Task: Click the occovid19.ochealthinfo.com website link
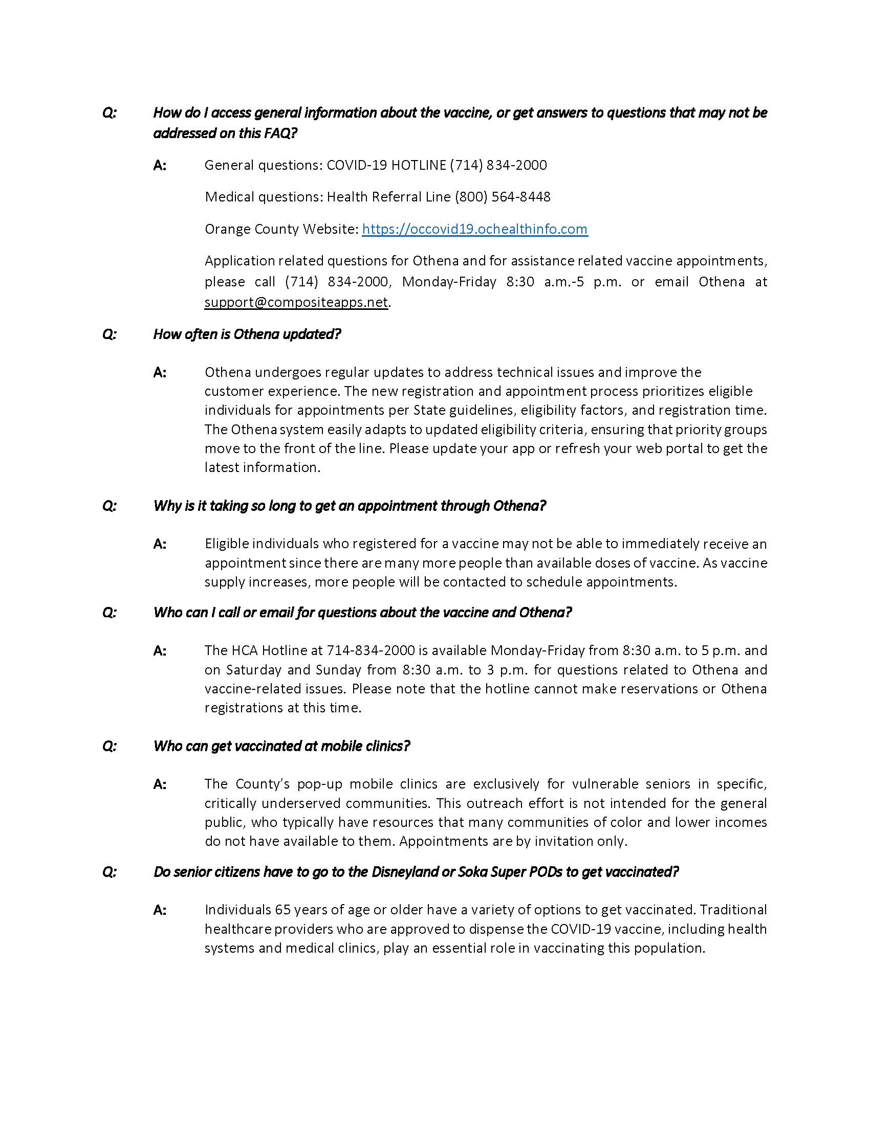pyautogui.click(x=475, y=229)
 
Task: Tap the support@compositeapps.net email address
pyautogui.click(x=296, y=302)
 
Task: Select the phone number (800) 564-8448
pyautogui.click(x=503, y=197)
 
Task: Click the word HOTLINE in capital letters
pyautogui.click(x=419, y=165)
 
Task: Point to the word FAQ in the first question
pyautogui.click(x=278, y=133)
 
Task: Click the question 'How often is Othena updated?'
pyautogui.click(x=247, y=334)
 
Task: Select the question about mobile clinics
pyautogui.click(x=281, y=746)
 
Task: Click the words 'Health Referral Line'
pyautogui.click(x=388, y=197)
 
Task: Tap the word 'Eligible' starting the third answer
pyautogui.click(x=229, y=544)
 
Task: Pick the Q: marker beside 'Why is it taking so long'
pyautogui.click(x=110, y=506)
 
